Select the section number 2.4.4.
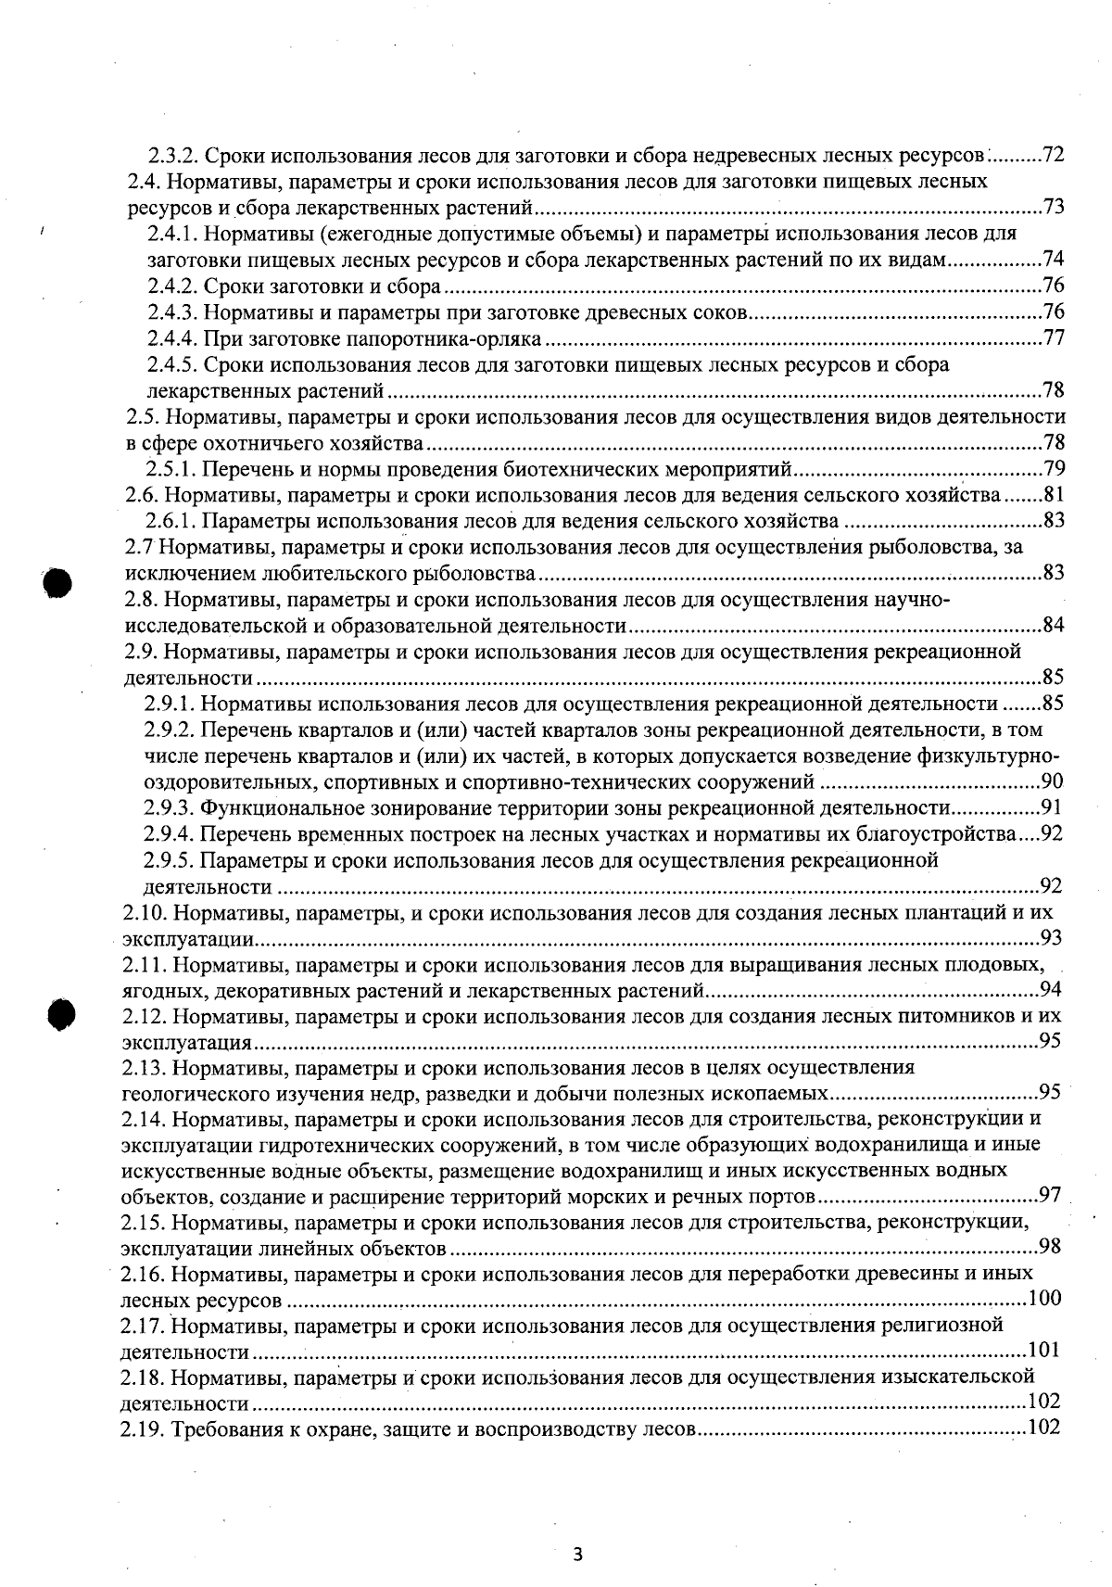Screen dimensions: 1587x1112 (x=172, y=337)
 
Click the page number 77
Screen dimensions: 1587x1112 (x=1053, y=337)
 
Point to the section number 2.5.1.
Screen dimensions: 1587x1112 (x=172, y=468)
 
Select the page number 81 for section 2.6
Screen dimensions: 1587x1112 (x=1053, y=494)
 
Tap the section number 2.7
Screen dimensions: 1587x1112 (x=139, y=547)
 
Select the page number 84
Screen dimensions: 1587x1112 (x=1053, y=625)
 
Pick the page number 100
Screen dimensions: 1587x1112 (x=1045, y=1299)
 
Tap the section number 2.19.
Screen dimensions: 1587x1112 (x=142, y=1428)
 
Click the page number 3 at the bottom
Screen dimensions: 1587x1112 (x=577, y=1555)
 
